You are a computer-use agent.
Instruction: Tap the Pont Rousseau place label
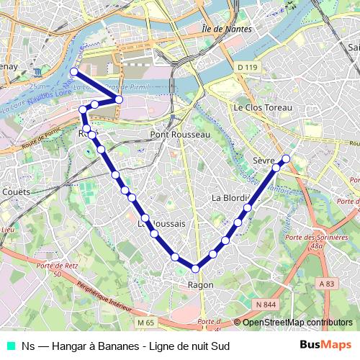(180, 135)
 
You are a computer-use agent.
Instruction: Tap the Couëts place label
(16, 192)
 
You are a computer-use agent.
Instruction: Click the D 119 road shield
(246, 68)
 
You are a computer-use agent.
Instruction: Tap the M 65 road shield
(146, 322)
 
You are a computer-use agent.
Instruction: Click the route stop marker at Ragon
(195, 269)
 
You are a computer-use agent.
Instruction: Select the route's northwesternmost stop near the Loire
(73, 72)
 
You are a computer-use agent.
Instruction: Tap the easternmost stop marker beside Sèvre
(286, 158)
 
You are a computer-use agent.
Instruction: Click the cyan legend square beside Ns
(10, 346)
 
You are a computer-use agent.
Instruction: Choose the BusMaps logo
(326, 346)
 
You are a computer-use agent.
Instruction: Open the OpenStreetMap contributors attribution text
(297, 323)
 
